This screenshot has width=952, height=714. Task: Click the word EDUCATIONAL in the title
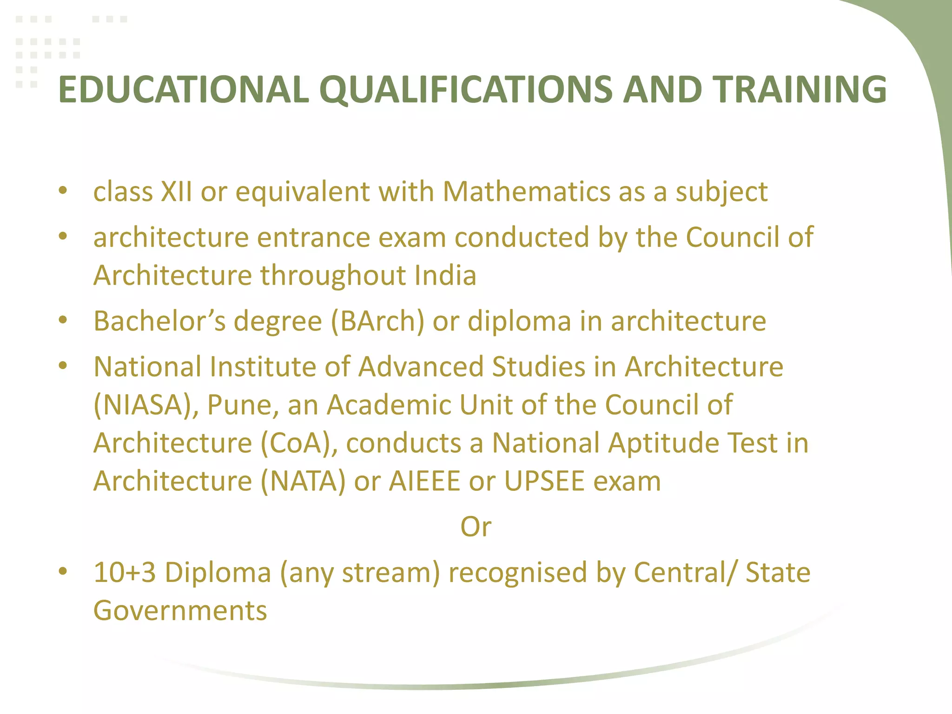(x=184, y=89)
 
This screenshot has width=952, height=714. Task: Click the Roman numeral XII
(x=176, y=192)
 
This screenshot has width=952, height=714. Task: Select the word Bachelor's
(x=160, y=321)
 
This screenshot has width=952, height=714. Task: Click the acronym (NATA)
(x=303, y=481)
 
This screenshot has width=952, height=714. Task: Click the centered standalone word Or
(x=476, y=527)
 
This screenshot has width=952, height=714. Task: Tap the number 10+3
(x=125, y=572)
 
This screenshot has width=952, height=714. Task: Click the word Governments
(x=180, y=610)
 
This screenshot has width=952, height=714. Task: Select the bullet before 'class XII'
(x=63, y=191)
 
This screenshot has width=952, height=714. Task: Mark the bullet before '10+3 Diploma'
(x=63, y=571)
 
